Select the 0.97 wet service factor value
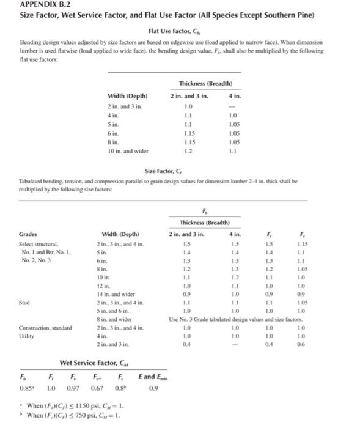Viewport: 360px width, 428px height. pos(73,388)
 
